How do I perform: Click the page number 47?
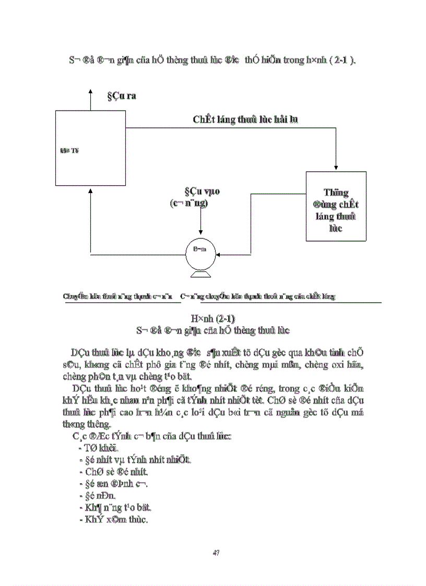(215, 552)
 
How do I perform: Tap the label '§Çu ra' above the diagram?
(122, 96)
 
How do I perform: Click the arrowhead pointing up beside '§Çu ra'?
(90, 92)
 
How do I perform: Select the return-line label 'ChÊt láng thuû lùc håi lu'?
(245, 119)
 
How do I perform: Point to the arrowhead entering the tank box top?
(336, 168)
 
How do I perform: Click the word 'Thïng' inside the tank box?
(336, 193)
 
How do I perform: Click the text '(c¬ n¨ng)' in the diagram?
(190, 203)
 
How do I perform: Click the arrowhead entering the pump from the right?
(220, 255)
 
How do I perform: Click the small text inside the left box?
(67, 150)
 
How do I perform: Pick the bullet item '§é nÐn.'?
(97, 496)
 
